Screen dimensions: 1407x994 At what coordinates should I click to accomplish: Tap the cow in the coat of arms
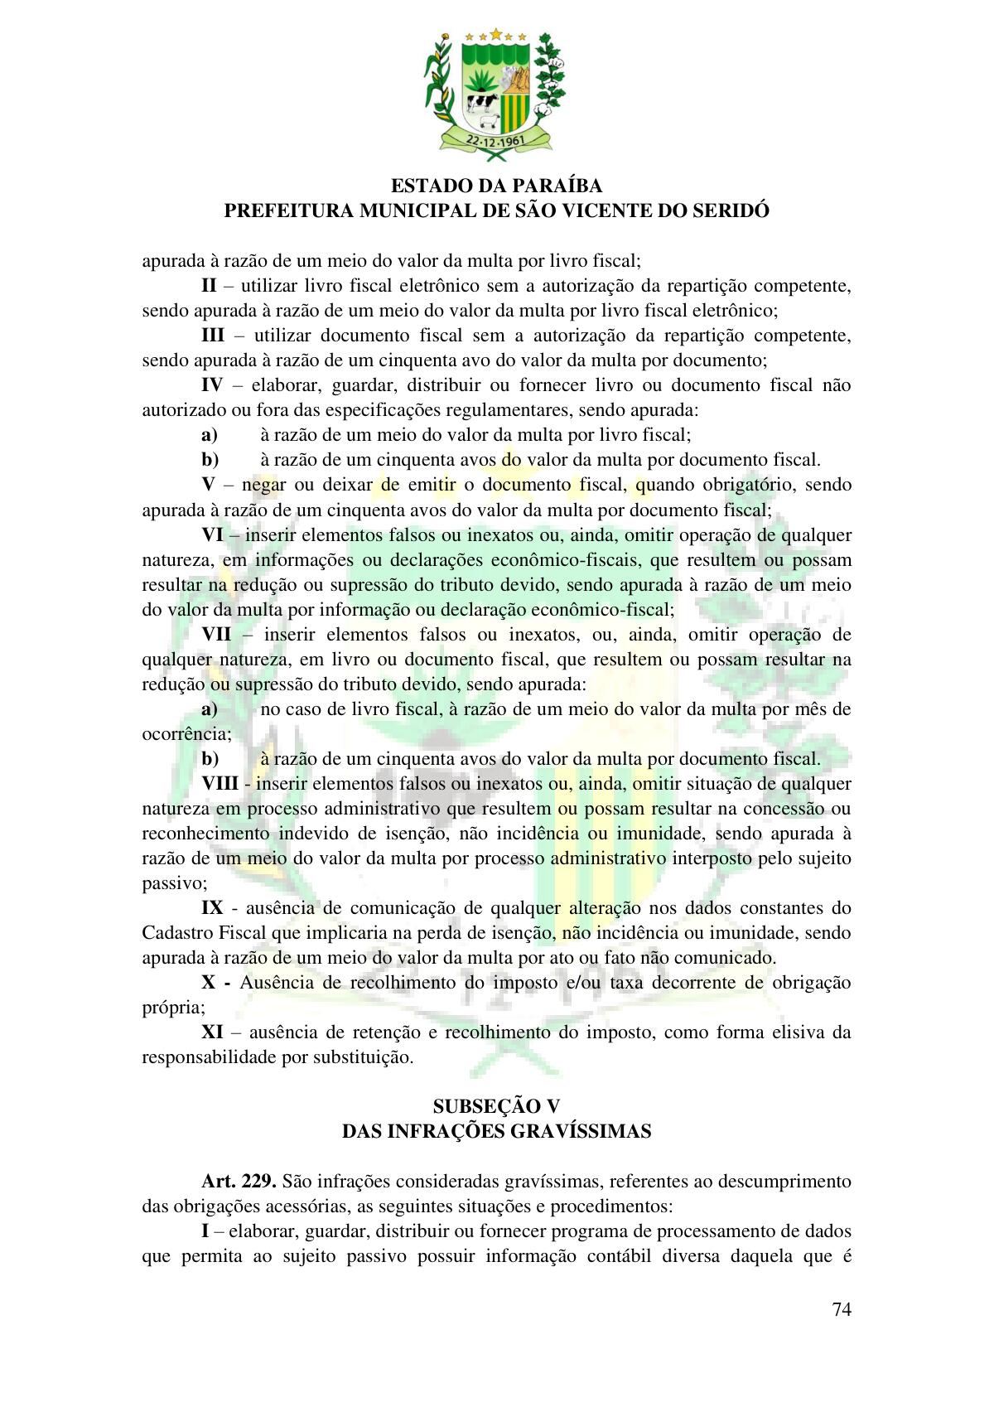[480, 104]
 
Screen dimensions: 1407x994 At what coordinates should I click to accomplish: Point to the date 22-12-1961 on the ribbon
[496, 142]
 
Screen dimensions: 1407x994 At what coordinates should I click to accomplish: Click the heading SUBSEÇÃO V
[496, 1106]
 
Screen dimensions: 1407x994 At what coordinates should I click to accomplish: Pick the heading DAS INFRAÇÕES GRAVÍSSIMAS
[496, 1131]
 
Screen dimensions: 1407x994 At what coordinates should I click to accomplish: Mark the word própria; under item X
[173, 1008]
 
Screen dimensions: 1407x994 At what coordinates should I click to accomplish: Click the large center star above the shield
[496, 34]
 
